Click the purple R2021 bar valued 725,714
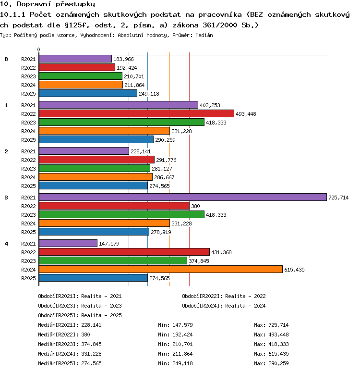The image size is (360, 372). tap(183, 197)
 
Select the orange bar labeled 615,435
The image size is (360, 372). tap(161, 269)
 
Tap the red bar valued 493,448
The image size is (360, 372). tap(136, 113)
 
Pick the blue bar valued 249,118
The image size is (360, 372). tap(88, 93)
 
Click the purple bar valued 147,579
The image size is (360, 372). tap(68, 243)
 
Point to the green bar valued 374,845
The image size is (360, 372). tap(113, 260)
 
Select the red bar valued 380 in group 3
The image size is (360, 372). tap(114, 206)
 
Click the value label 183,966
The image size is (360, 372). tap(123, 59)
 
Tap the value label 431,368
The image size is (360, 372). tap(221, 252)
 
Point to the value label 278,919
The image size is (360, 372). tap(161, 232)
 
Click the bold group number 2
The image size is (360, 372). tap(6, 151)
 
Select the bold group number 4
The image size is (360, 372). tap(6, 244)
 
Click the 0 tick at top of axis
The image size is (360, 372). tap(38, 50)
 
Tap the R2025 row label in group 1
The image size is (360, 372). tap(28, 140)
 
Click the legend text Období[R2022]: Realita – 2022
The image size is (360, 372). tap(224, 296)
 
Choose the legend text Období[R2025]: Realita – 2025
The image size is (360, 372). tap(80, 315)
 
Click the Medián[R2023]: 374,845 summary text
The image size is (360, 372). tap(70, 344)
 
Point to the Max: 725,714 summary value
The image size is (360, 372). tap(271, 325)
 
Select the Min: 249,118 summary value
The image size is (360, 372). tap(175, 363)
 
